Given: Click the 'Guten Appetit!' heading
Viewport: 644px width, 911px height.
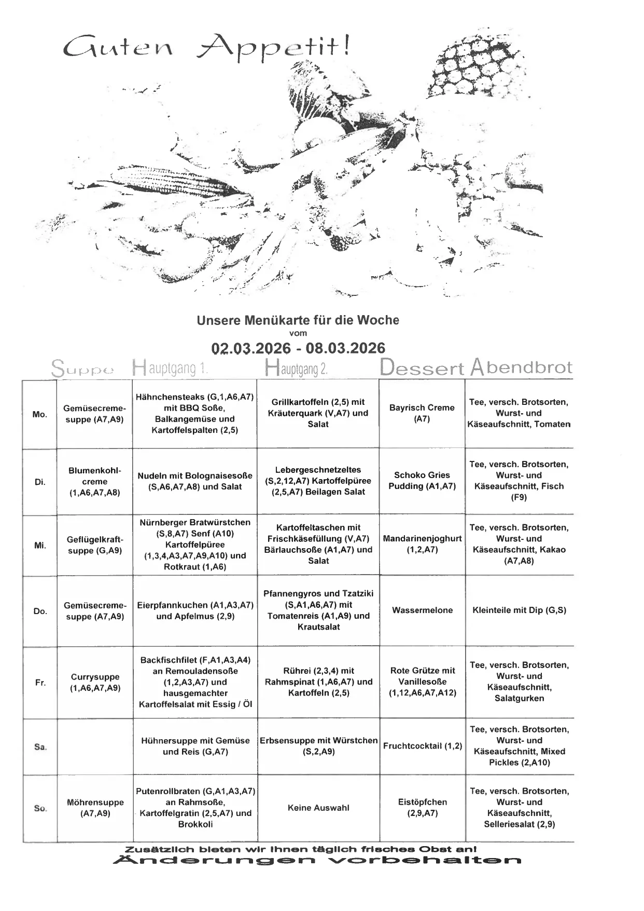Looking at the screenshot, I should [x=206, y=47].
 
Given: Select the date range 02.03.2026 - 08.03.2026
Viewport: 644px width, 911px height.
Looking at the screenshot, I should [x=298, y=348].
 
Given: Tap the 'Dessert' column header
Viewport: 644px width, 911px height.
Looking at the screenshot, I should [x=422, y=368].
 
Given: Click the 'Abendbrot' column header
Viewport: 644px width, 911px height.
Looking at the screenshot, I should [x=521, y=368].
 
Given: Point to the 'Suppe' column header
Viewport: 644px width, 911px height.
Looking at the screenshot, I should [x=82, y=369].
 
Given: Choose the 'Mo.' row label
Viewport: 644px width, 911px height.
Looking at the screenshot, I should [x=40, y=414].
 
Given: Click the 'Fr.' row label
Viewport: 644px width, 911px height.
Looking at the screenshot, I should [x=40, y=683].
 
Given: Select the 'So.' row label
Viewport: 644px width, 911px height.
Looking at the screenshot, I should [x=40, y=808].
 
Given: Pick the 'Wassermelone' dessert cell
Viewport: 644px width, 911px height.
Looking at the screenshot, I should [x=422, y=610].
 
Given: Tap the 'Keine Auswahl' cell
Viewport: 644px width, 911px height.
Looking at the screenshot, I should [x=318, y=808].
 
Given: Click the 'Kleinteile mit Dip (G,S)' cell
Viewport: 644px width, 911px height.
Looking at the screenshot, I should [x=519, y=610].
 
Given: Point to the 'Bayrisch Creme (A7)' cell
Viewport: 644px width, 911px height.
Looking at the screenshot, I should [x=422, y=413].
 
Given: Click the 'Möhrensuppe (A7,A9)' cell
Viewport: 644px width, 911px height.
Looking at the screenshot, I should [x=95, y=808].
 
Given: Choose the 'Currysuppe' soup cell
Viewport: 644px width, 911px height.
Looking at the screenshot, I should [x=95, y=682].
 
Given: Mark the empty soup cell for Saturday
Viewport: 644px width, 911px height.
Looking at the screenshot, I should [x=95, y=746].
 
